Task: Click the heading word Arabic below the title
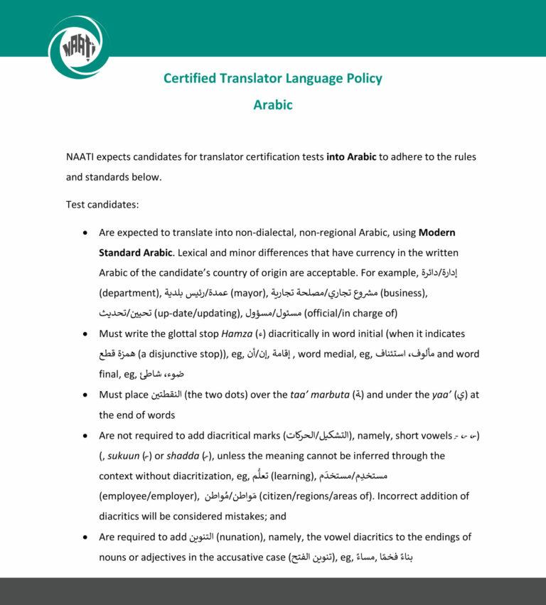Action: [273, 105]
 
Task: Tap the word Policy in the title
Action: [362, 78]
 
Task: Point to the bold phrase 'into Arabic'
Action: [351, 156]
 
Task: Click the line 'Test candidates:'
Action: [102, 205]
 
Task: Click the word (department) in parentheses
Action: [129, 293]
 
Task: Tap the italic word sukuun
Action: [119, 456]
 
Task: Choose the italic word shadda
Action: [186, 456]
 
